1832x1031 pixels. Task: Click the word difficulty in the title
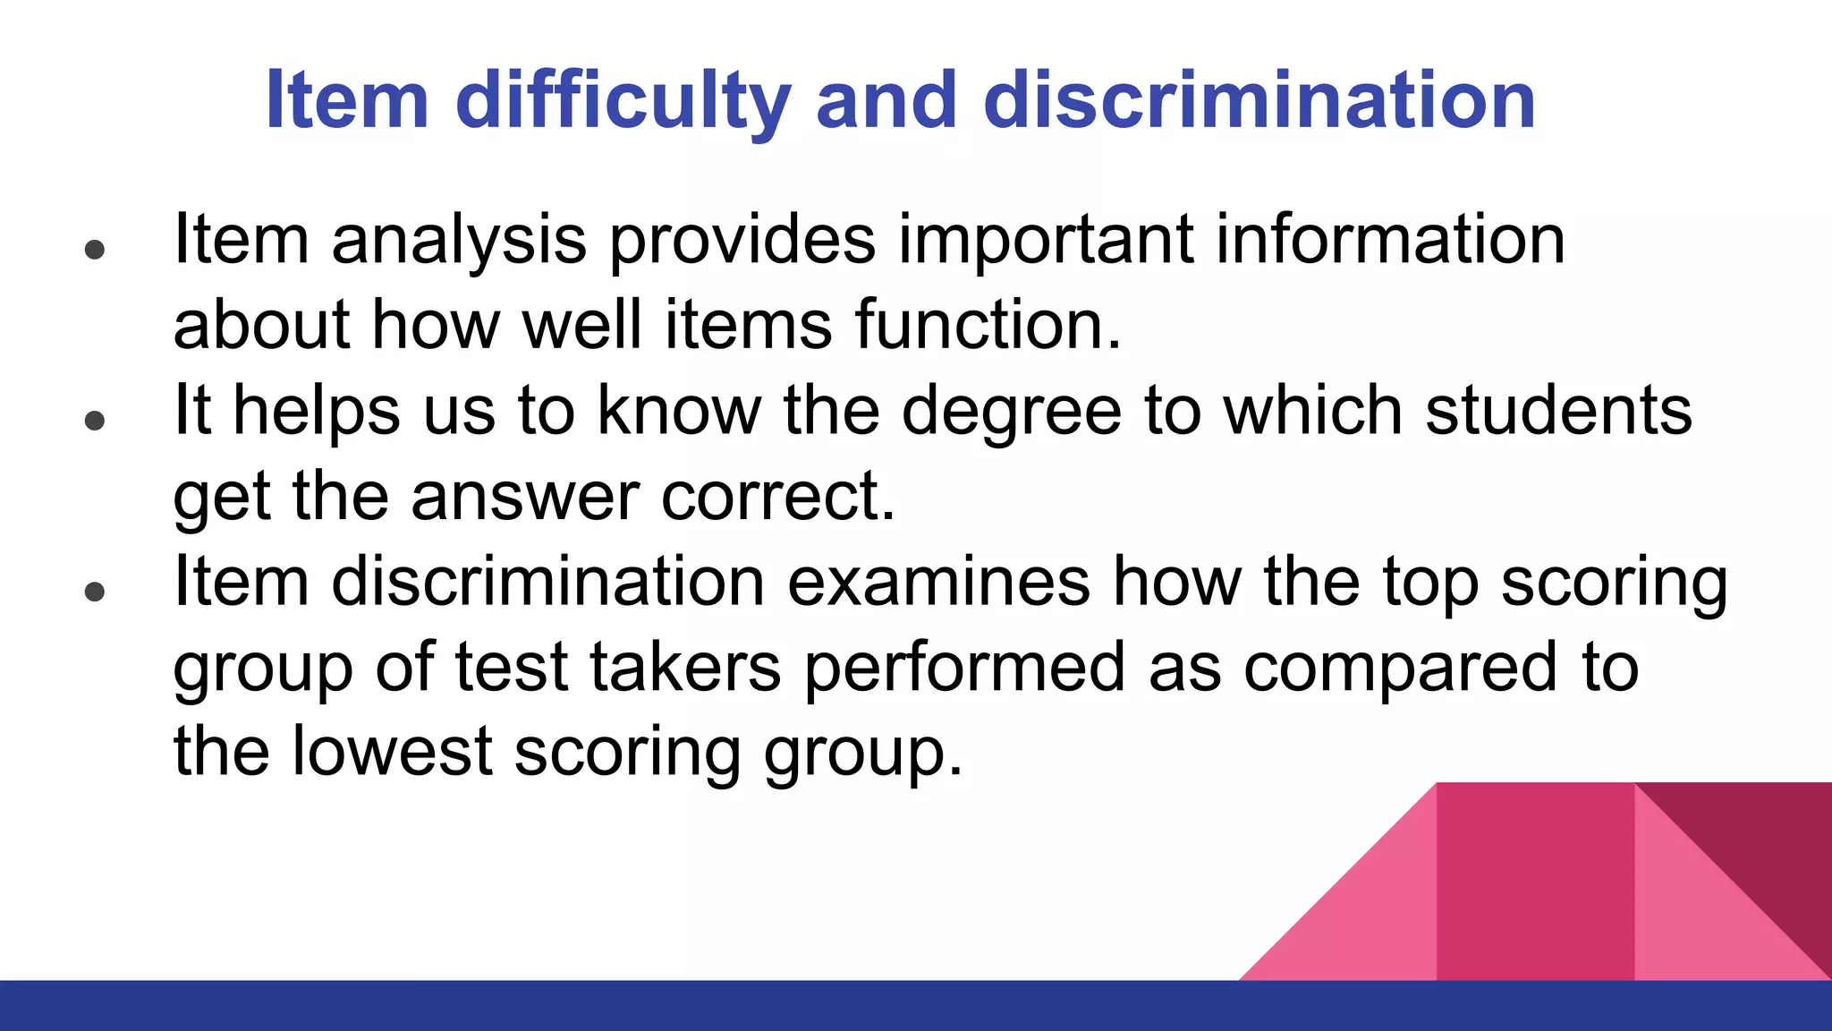click(623, 100)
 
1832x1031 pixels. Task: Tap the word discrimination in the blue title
click(1259, 100)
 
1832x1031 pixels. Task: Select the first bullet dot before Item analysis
click(95, 249)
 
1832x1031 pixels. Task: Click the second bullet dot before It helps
click(95, 420)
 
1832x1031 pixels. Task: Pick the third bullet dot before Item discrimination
click(95, 591)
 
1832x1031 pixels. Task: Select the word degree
click(1011, 411)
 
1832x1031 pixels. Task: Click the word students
click(1557, 411)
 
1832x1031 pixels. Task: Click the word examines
click(937, 582)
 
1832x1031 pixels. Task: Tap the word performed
click(964, 667)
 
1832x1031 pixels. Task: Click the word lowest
click(392, 752)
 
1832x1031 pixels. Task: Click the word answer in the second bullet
click(524, 497)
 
